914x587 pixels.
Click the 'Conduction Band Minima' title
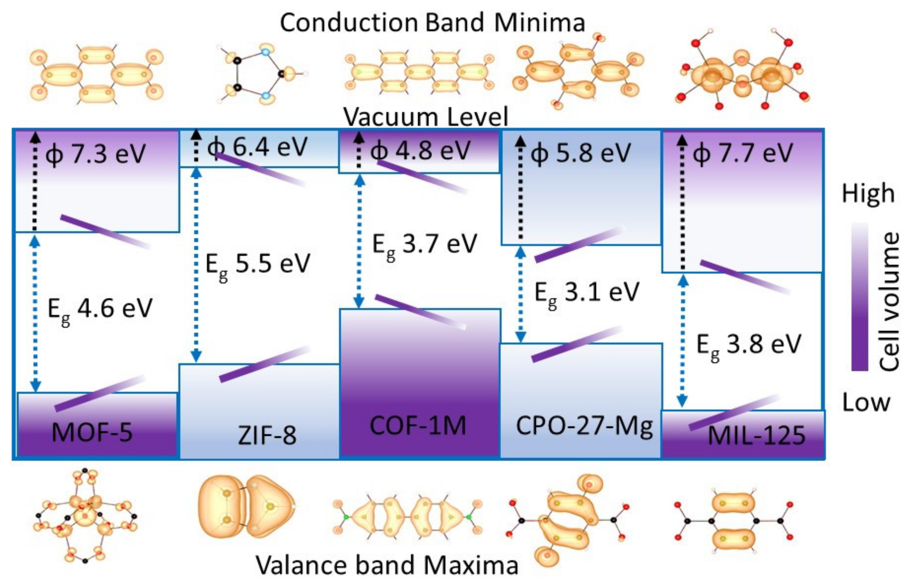432,23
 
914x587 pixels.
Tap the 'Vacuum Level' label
426,117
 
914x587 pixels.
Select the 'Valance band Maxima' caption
387,565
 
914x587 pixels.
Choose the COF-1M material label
418,425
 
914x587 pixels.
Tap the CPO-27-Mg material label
584,427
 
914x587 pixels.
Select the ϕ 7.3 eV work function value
95,154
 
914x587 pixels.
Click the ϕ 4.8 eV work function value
420,151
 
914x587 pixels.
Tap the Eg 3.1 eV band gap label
586,294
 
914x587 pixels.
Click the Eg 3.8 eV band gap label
748,345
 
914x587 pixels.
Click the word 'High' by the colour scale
868,194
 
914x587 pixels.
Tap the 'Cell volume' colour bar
860,297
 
